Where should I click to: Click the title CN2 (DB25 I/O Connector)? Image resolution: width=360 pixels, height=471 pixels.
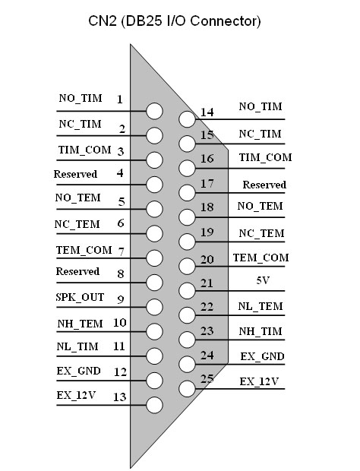coord(175,21)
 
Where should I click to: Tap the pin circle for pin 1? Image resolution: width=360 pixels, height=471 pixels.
coord(155,111)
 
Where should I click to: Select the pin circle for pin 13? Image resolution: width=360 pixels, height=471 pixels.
coord(155,405)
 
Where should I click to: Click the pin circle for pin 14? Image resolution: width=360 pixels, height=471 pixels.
coord(187,119)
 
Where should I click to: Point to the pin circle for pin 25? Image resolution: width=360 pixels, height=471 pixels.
coord(187,389)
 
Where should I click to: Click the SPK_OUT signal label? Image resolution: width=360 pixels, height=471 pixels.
coord(80,297)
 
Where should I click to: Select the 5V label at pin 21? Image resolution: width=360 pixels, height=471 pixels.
coord(263,280)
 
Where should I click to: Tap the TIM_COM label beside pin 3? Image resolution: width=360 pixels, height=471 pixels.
coord(84,150)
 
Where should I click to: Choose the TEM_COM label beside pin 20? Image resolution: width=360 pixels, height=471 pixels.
coord(261,258)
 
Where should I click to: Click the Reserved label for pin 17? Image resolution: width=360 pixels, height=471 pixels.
coord(264,185)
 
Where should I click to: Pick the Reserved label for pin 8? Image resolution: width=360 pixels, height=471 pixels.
coord(77,271)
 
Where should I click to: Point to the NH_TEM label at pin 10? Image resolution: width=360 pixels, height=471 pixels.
coord(81,324)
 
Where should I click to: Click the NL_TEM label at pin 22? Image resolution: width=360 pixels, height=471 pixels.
coord(261,306)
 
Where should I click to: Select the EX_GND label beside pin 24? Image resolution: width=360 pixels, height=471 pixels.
coord(262,356)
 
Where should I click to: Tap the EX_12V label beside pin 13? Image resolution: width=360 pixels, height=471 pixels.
coord(76,395)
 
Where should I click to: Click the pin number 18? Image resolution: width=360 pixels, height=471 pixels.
coord(207,207)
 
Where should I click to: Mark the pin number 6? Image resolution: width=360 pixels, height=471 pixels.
coord(121,223)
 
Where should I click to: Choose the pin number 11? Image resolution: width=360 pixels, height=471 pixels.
coord(119,346)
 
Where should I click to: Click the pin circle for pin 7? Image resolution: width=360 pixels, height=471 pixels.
coord(155,258)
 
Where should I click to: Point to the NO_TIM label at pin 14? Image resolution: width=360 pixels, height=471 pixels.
coord(261,106)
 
